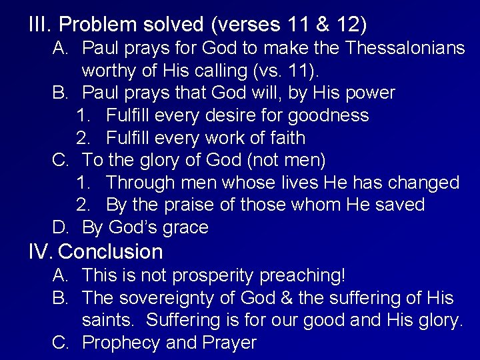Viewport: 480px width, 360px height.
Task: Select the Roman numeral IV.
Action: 44,251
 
